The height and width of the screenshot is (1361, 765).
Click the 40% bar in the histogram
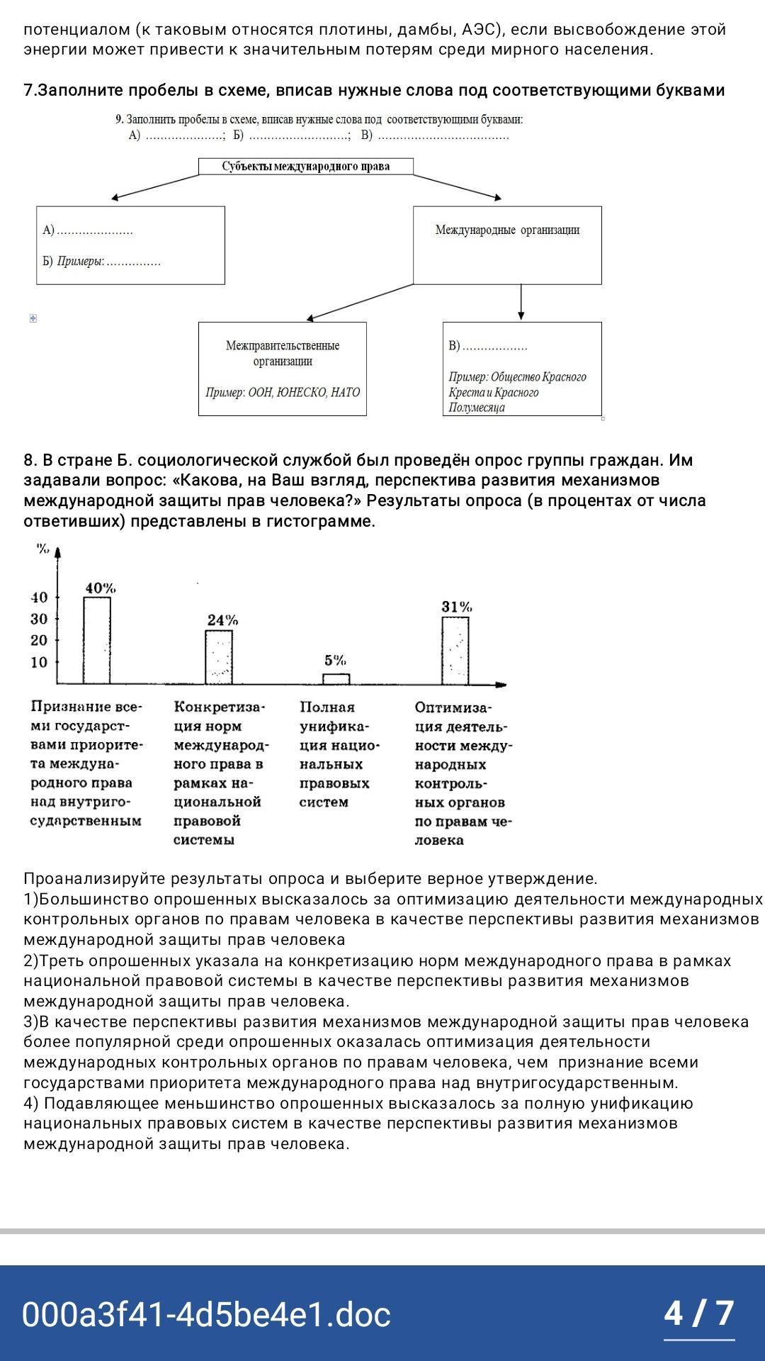point(97,640)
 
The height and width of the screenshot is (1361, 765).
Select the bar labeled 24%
point(219,656)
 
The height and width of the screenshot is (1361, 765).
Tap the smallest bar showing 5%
point(336,678)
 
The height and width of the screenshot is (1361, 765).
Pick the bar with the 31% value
point(455,650)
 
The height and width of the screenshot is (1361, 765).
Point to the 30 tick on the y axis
point(40,619)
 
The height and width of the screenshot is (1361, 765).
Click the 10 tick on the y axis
point(40,662)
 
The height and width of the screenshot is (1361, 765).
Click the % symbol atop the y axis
point(43,549)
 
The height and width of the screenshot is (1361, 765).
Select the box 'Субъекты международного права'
point(305,167)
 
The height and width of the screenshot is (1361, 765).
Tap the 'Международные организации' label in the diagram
point(507,230)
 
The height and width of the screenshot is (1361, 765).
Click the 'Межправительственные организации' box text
point(283,353)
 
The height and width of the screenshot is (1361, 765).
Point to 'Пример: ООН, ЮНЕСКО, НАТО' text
point(283,392)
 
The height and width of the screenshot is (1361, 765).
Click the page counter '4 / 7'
point(698,1313)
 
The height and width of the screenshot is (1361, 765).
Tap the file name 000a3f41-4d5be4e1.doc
point(206,1314)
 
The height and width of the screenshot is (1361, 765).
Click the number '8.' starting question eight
point(30,460)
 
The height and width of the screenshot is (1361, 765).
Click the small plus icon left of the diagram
point(33,318)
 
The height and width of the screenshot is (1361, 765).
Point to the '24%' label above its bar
point(222,620)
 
